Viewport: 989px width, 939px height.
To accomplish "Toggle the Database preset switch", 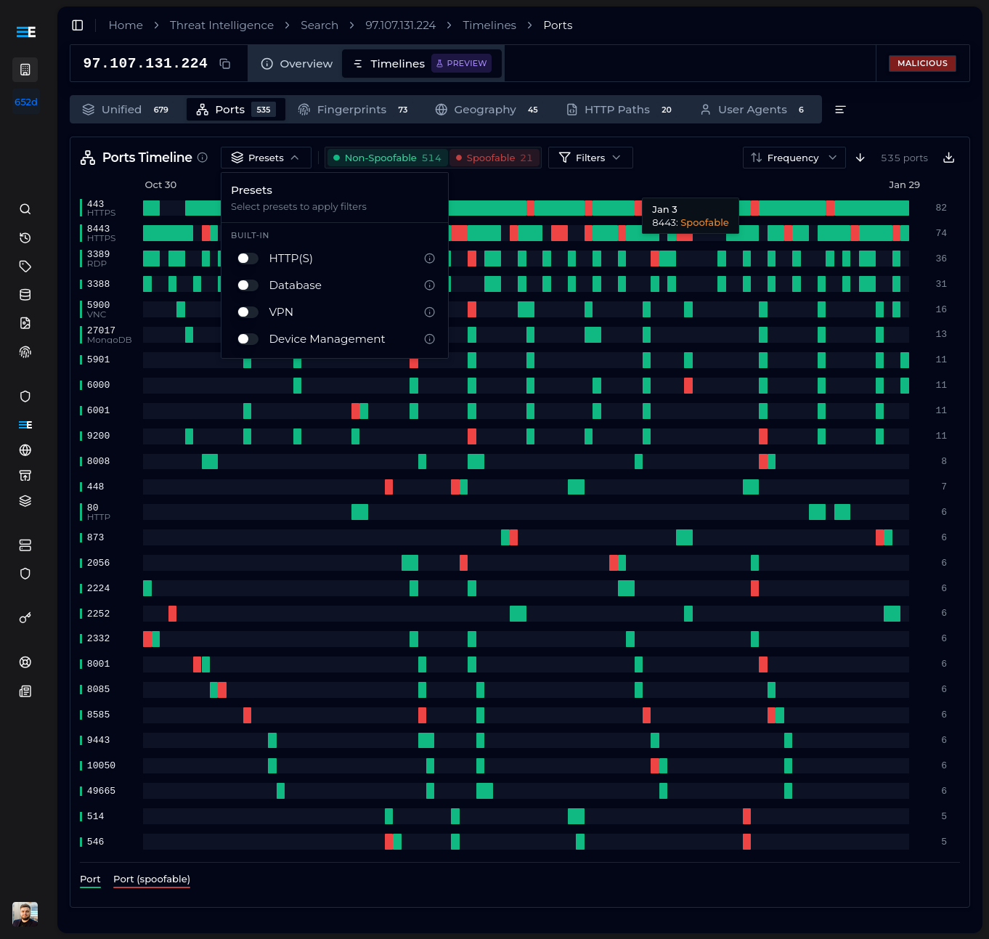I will click(248, 285).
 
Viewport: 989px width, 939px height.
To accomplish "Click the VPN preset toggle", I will click(248, 312).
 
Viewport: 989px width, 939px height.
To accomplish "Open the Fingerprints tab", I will click(352, 110).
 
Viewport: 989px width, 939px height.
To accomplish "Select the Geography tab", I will click(486, 110).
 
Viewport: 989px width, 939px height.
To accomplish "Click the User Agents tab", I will click(752, 110).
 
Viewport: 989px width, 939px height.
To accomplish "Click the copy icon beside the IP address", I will click(225, 64).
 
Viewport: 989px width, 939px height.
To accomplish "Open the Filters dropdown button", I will click(590, 158).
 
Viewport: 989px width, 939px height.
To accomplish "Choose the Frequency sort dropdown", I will click(794, 158).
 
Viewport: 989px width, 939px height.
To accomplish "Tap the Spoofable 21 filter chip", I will click(494, 158).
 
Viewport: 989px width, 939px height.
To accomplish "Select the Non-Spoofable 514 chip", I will click(387, 158).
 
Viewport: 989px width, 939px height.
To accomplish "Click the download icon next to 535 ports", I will click(948, 158).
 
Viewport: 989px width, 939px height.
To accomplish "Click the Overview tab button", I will click(296, 64).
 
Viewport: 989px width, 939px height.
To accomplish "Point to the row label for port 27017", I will click(101, 330).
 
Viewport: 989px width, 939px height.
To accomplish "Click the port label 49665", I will click(101, 791).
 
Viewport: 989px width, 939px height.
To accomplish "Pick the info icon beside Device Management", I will click(429, 339).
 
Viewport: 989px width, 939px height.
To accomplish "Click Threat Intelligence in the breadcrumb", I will click(221, 25).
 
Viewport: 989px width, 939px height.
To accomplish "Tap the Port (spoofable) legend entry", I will click(151, 879).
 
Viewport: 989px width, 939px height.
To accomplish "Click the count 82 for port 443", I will click(941, 208).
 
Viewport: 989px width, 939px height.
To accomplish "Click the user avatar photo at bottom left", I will click(25, 914).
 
